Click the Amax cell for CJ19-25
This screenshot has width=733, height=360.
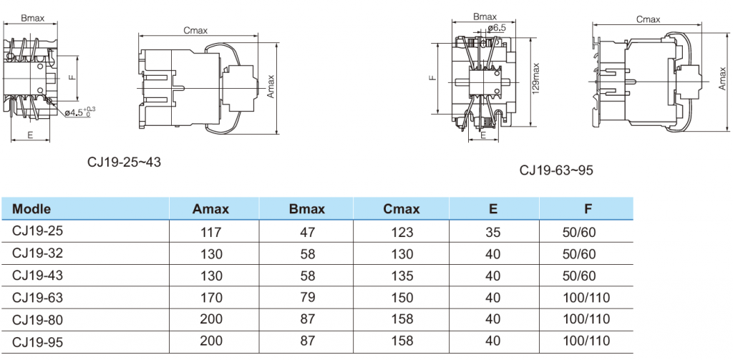211,232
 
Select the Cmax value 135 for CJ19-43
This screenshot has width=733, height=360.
401,276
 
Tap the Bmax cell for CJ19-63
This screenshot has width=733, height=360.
306,297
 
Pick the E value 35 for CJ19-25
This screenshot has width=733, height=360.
493,232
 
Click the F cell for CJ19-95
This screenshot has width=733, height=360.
586,341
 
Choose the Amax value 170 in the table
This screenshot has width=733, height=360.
211,297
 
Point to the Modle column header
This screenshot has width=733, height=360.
31,208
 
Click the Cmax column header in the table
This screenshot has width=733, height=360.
401,208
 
